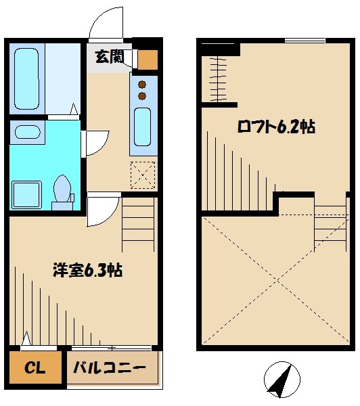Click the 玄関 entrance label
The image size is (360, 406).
pos(108,58)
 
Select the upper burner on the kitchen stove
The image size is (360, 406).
pos(143,85)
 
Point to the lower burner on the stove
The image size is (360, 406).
pos(143,97)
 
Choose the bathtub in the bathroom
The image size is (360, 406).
pos(28,79)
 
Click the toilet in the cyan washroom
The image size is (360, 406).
pos(63,189)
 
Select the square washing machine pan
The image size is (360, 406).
pos(28,194)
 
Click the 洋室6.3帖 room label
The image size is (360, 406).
pos(87,271)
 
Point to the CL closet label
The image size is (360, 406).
pos(35,368)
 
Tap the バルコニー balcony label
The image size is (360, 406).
pos(109,368)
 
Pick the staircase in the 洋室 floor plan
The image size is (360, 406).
pos(139,223)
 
